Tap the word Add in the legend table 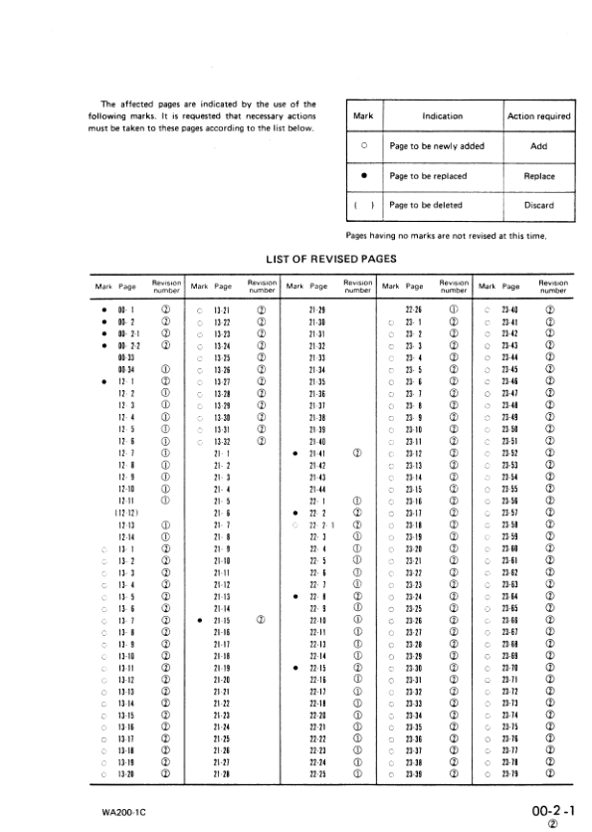click(x=539, y=146)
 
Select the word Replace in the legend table click(x=539, y=176)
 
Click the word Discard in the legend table click(x=539, y=206)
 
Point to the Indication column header click(x=443, y=116)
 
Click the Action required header click(x=539, y=116)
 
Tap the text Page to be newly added click(x=437, y=146)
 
